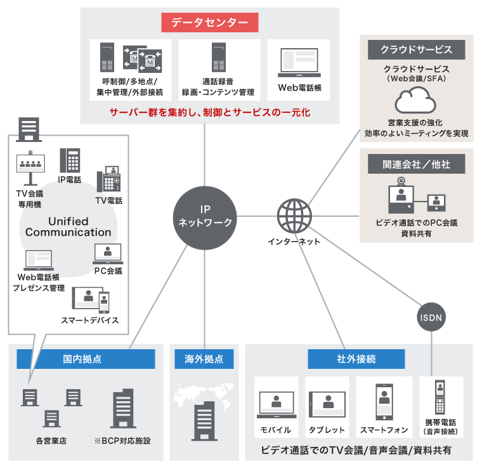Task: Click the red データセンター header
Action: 209,23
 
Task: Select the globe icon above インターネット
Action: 294,215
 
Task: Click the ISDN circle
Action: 431,316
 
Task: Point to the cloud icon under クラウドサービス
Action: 415,100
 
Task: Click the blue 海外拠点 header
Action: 204,359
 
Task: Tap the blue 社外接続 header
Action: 356,359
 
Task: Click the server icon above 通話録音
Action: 218,59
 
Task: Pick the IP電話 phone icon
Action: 70,161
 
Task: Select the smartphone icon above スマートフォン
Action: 384,403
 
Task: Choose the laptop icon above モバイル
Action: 275,406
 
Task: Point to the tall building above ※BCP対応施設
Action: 122,409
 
